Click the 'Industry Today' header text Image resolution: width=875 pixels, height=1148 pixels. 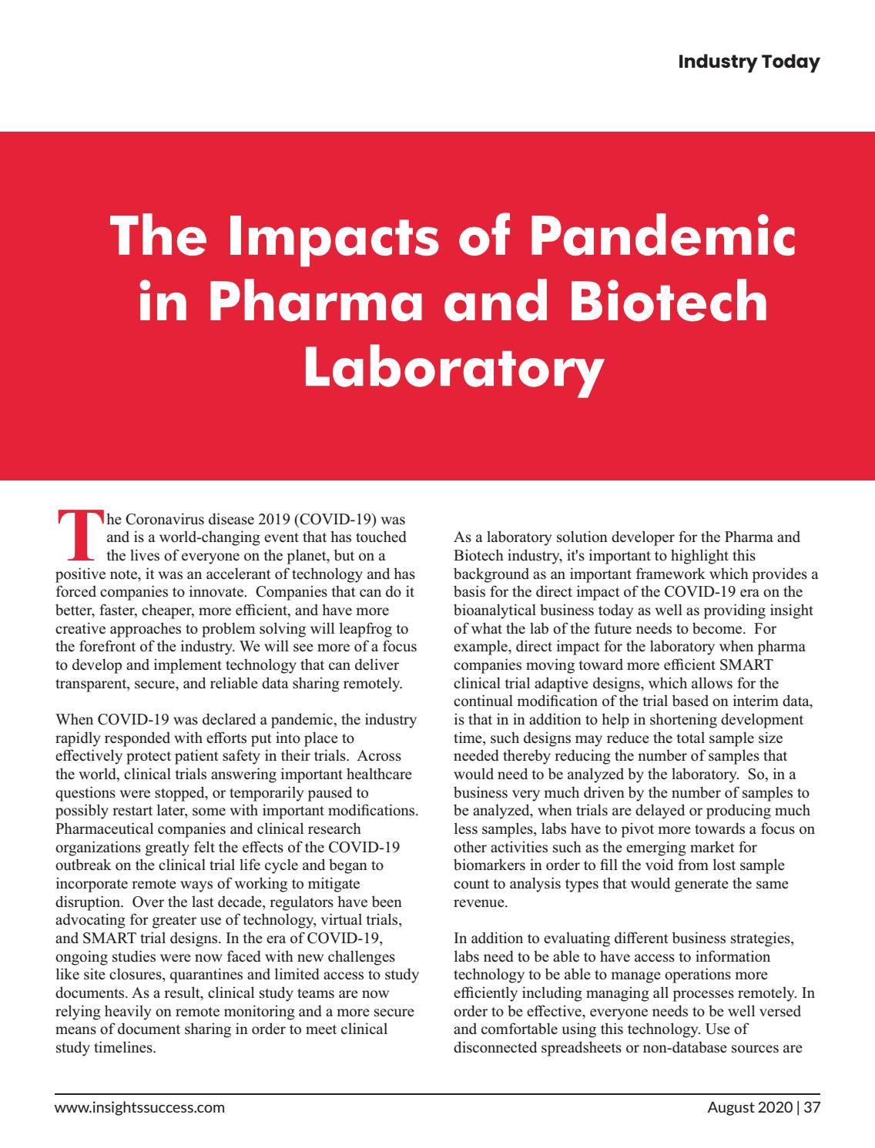tap(748, 62)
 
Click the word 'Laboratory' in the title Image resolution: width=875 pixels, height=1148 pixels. tap(452, 366)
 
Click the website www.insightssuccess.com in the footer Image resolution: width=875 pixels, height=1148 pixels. tap(139, 1108)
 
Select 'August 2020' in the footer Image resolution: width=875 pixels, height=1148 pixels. tap(750, 1108)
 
